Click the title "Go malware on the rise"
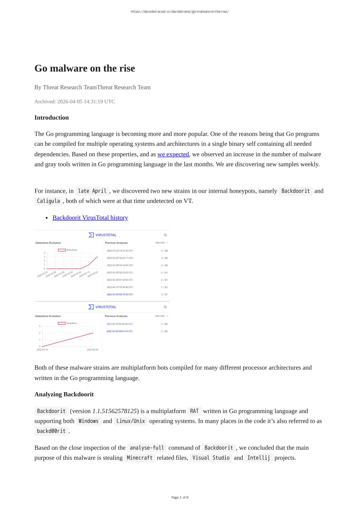point(85,68)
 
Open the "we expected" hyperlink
point(173,154)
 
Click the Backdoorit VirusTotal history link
point(90,218)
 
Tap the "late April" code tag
point(92,191)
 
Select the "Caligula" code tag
point(48,201)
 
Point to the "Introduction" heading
point(52,118)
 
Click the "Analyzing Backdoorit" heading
point(64,395)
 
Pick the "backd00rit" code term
point(51,431)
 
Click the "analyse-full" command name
point(147,448)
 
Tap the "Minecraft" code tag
point(139,458)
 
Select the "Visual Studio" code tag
point(211,458)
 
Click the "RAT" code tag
point(194,411)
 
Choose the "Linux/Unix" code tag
point(130,421)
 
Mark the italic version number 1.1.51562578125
point(114,411)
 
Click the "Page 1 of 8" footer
point(180,498)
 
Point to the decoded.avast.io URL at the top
point(180,12)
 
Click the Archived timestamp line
point(75,102)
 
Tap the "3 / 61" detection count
point(164,295)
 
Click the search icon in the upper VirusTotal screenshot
point(166,235)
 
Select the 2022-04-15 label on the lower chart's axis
point(42,350)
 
